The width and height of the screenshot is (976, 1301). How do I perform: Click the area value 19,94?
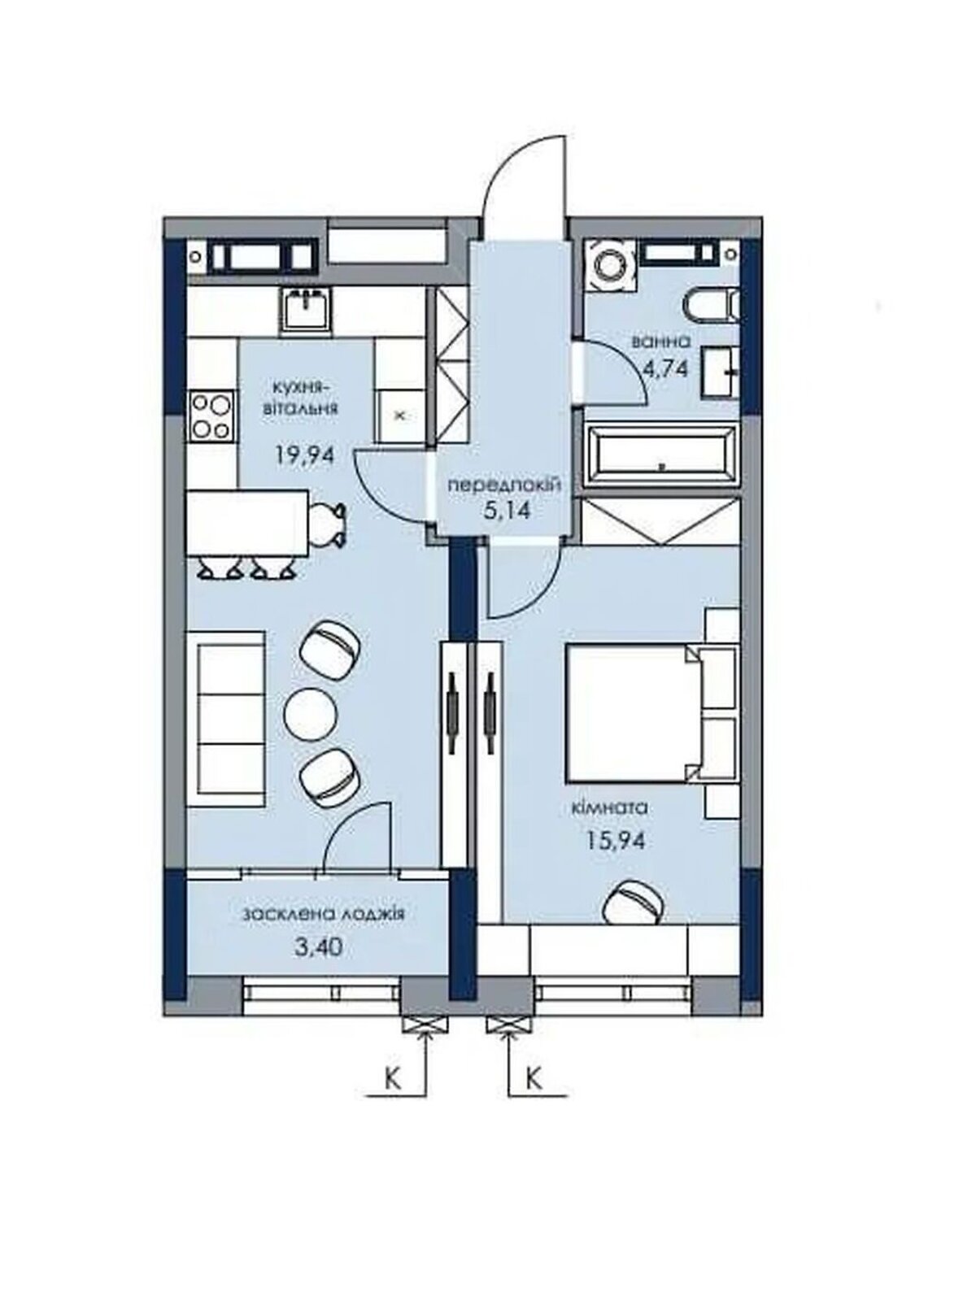click(304, 455)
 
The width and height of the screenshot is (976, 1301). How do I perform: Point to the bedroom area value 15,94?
click(615, 841)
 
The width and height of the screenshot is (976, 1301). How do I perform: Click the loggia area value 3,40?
click(320, 948)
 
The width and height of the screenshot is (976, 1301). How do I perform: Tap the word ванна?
click(661, 342)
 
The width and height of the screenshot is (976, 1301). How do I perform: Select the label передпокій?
click(503, 485)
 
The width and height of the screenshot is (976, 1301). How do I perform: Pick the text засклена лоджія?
click(323, 915)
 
